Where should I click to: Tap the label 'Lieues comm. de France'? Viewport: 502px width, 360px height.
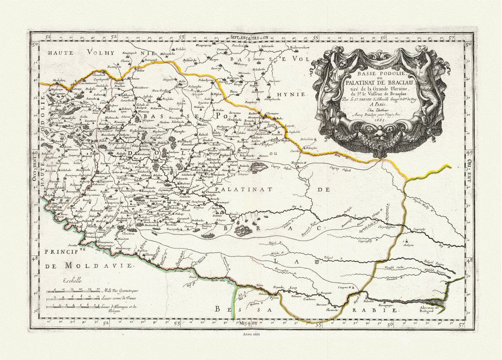(119, 298)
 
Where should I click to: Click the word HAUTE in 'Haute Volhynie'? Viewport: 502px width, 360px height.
(60, 53)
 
